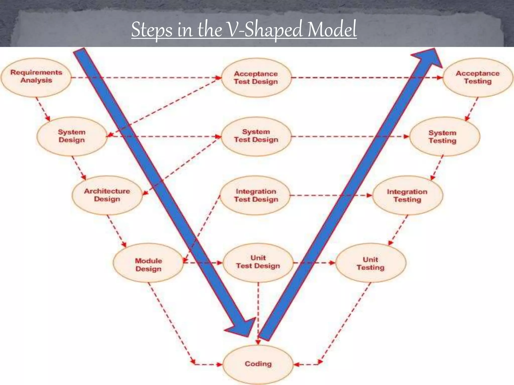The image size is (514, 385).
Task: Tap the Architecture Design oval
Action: (x=107, y=195)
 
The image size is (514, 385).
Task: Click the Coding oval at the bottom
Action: (x=258, y=364)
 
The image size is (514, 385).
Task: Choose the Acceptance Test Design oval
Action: (x=256, y=78)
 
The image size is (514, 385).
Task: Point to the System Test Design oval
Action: (x=256, y=136)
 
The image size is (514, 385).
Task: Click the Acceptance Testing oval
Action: (x=478, y=77)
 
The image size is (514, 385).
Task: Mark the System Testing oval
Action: (x=442, y=137)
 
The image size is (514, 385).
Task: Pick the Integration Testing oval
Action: (x=407, y=196)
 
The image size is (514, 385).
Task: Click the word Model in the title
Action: (x=332, y=30)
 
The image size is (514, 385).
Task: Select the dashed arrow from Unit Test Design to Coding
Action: (x=258, y=313)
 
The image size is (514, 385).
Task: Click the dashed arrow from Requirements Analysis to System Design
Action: (x=42, y=109)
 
